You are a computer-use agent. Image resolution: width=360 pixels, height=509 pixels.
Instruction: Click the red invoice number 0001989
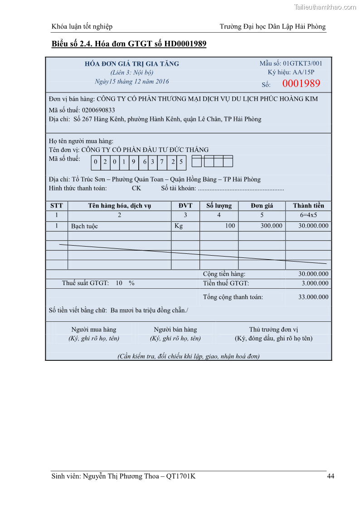[x=301, y=83]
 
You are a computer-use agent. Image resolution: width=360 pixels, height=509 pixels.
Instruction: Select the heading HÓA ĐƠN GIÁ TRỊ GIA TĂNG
[x=132, y=64]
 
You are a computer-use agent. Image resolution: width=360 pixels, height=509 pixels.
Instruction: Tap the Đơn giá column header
[x=262, y=206]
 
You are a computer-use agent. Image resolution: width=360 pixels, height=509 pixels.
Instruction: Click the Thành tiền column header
[x=308, y=206]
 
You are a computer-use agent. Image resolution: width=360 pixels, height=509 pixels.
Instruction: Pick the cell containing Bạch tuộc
[x=84, y=226]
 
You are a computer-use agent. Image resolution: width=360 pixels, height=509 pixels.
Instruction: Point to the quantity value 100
[x=230, y=226]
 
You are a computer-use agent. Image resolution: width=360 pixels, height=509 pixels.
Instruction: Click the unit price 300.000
[x=271, y=226]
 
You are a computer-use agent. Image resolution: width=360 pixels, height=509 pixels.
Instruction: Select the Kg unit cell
[x=179, y=226]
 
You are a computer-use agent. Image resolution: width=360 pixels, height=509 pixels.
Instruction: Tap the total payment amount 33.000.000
[x=313, y=297]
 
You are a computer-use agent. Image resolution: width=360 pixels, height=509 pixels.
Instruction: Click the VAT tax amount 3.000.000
[x=315, y=284]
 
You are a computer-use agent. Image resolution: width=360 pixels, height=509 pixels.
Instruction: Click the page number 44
[x=331, y=476]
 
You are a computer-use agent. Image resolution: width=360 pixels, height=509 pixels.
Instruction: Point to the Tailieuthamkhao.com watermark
[x=325, y=7]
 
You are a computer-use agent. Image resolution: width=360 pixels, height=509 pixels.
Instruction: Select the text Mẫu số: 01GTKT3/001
[x=291, y=63]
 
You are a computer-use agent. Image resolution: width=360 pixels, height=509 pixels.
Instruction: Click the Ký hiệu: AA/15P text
[x=291, y=72]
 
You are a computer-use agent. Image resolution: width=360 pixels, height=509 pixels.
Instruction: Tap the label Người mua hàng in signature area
[x=94, y=330]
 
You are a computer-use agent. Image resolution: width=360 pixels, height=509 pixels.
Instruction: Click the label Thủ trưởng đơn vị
[x=273, y=330]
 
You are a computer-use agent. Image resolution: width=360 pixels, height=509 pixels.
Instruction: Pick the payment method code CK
[x=136, y=189]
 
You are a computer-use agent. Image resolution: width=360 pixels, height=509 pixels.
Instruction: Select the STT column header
[x=57, y=206]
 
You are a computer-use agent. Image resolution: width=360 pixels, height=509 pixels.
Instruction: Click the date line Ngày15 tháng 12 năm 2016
[x=132, y=82]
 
